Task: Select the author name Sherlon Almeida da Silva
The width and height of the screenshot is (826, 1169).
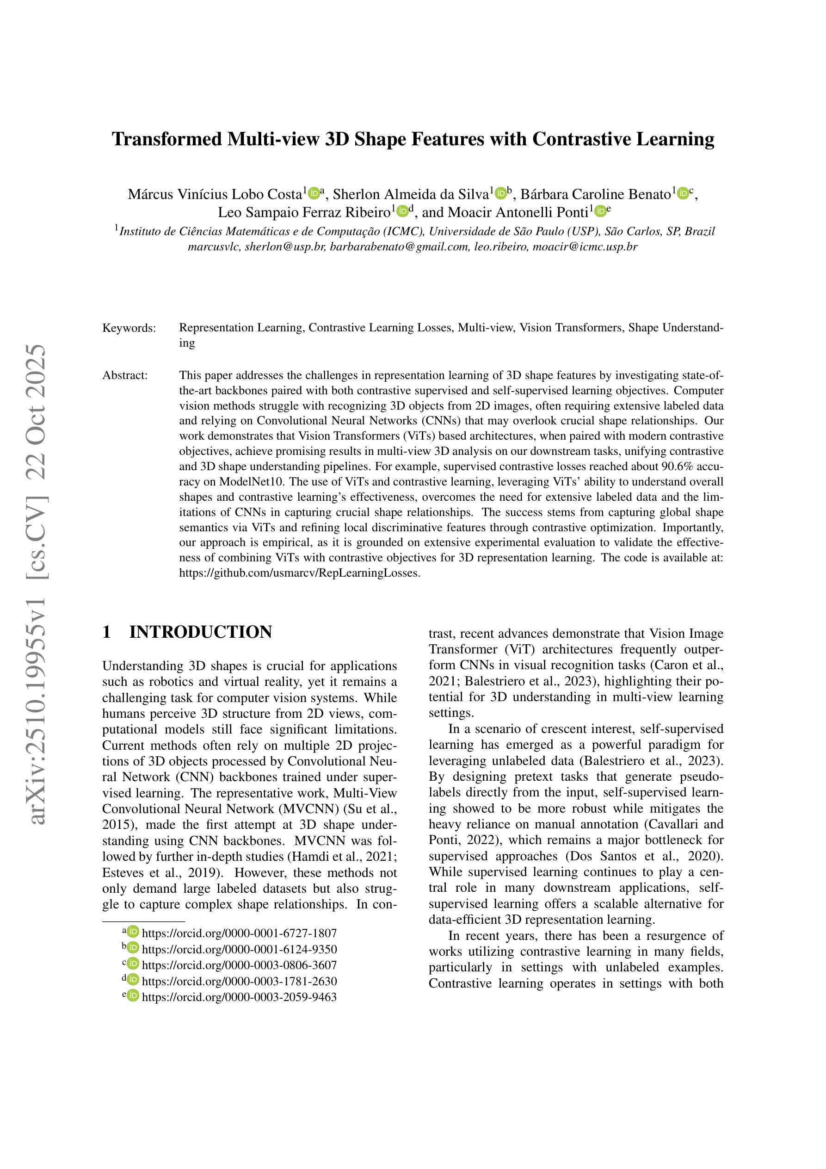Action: point(411,194)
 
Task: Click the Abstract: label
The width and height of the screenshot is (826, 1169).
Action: point(125,376)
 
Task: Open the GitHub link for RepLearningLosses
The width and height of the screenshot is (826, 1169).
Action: point(300,573)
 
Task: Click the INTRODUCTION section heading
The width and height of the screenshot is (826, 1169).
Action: point(201,632)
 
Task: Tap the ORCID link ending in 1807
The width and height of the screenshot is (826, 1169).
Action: point(239,933)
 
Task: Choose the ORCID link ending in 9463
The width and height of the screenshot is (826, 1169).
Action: point(239,997)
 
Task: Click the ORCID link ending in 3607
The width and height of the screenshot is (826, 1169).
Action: point(239,965)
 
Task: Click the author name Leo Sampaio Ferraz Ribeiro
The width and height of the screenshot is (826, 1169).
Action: point(304,212)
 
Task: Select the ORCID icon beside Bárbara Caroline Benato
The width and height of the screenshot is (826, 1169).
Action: point(683,194)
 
